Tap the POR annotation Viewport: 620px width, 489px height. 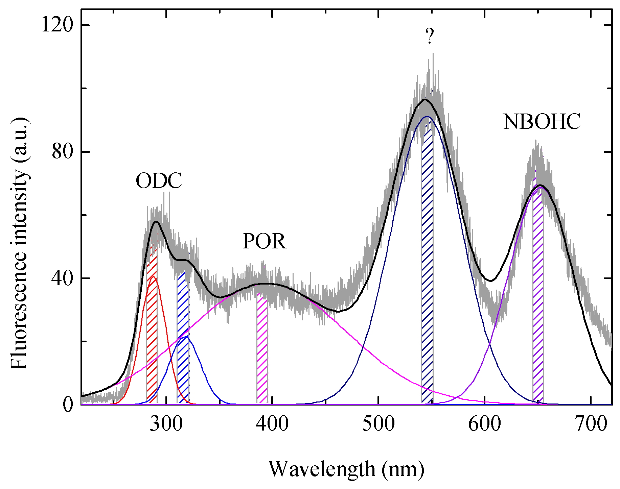pyautogui.click(x=264, y=242)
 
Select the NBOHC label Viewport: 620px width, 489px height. pyautogui.click(x=542, y=122)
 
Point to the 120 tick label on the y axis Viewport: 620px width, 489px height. pyautogui.click(x=57, y=25)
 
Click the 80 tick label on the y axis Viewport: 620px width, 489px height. pyautogui.click(x=63, y=152)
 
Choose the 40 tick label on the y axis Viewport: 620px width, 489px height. pyautogui.click(x=63, y=278)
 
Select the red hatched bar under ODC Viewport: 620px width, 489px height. pyautogui.click(x=152, y=324)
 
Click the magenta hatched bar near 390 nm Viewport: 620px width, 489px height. pyautogui.click(x=262, y=348)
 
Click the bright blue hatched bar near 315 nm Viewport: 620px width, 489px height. pyautogui.click(x=183, y=338)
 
